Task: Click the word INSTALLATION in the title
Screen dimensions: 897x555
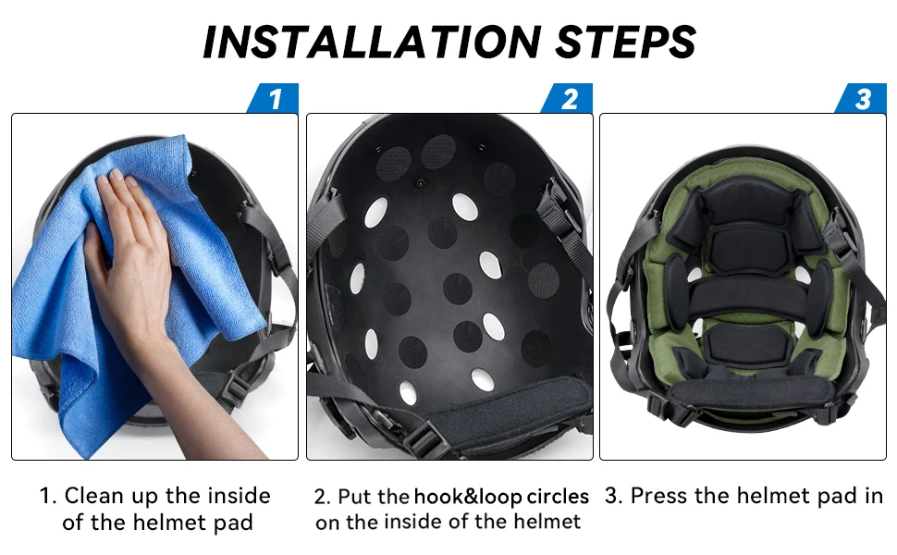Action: [372, 42]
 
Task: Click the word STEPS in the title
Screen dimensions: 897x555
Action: [625, 42]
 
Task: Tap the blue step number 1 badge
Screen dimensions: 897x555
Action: [273, 98]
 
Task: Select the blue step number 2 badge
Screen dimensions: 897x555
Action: [567, 98]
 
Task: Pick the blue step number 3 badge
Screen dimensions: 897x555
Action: [861, 98]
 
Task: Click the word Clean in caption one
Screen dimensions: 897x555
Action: [93, 496]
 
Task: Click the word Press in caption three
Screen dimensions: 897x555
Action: [659, 496]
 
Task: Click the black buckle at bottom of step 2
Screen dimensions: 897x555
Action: [424, 439]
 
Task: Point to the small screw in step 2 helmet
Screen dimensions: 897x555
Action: [421, 184]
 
